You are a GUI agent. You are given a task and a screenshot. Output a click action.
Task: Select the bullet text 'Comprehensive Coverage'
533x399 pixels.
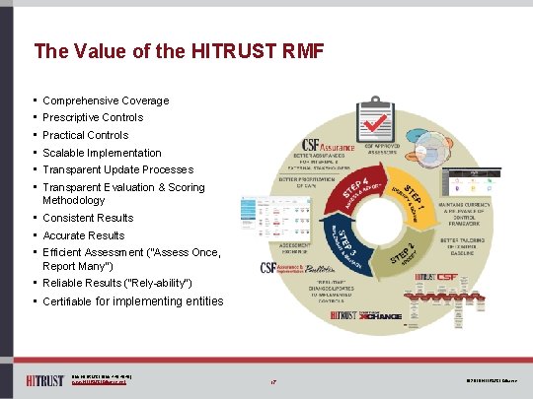[x=106, y=100]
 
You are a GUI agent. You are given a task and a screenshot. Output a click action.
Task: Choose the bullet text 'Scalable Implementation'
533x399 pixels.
[x=102, y=153]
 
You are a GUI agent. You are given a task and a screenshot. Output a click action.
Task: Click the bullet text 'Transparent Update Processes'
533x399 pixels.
[x=117, y=169]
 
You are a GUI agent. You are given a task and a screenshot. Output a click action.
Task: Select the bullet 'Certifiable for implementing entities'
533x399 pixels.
[x=132, y=301]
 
